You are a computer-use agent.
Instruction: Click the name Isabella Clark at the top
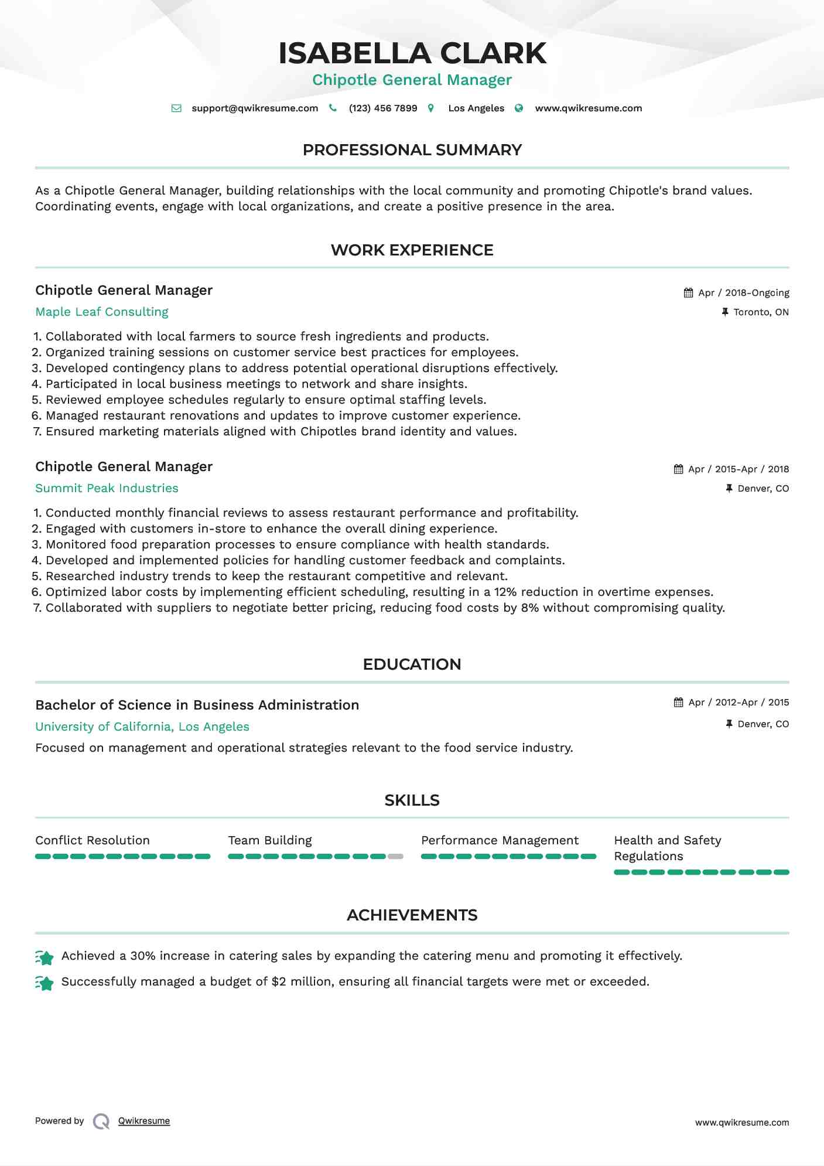pyautogui.click(x=412, y=53)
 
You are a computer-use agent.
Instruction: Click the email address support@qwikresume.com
pyautogui.click(x=255, y=108)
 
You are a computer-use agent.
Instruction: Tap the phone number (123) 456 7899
pyautogui.click(x=383, y=108)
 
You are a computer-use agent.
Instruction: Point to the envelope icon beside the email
pyautogui.click(x=176, y=108)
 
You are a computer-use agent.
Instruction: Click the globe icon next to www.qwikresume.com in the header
pyautogui.click(x=519, y=108)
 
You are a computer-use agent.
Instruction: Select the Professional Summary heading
pyautogui.click(x=412, y=150)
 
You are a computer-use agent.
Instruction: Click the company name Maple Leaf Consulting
pyautogui.click(x=102, y=312)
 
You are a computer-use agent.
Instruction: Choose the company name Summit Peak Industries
pyautogui.click(x=107, y=488)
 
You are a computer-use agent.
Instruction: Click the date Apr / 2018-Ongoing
pyautogui.click(x=743, y=293)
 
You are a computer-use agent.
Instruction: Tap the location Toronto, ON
pyautogui.click(x=761, y=312)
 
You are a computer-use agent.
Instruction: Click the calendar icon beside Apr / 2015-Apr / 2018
pyautogui.click(x=678, y=469)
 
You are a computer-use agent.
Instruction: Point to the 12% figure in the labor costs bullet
pyautogui.click(x=505, y=592)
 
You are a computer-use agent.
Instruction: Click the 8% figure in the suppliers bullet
pyautogui.click(x=529, y=608)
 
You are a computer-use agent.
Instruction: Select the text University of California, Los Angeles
pyautogui.click(x=142, y=727)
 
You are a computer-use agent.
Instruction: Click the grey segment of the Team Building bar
pyautogui.click(x=396, y=857)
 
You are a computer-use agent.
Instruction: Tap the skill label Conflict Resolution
pyautogui.click(x=93, y=840)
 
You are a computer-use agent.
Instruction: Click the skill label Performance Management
pyautogui.click(x=500, y=840)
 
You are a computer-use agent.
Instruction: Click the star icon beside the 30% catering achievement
pyautogui.click(x=45, y=957)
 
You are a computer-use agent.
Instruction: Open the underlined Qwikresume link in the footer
pyautogui.click(x=144, y=1121)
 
